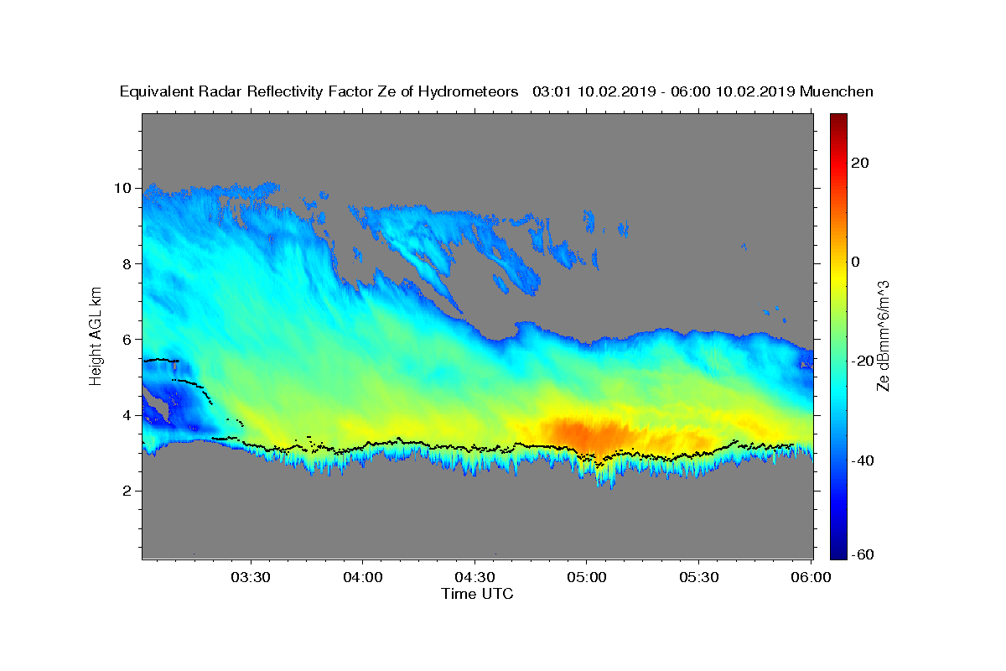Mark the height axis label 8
(127, 263)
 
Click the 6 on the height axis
(127, 339)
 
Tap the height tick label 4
(127, 415)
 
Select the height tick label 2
(127, 491)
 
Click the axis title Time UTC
(477, 594)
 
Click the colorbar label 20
(860, 163)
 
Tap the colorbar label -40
(863, 460)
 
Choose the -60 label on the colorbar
(863, 555)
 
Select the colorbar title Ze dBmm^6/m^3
(883, 335)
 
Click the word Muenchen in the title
(837, 91)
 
